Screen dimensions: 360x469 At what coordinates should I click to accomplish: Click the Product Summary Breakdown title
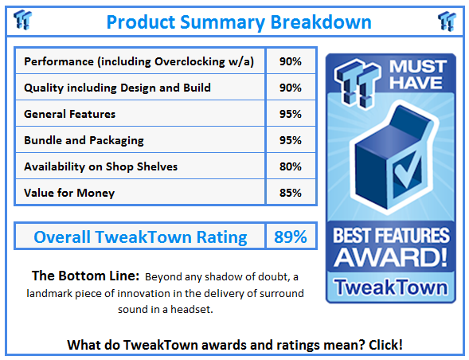pyautogui.click(x=238, y=22)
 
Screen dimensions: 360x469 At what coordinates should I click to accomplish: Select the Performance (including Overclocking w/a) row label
pyautogui.click(x=139, y=61)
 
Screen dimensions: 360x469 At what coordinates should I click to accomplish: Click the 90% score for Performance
pyautogui.click(x=290, y=61)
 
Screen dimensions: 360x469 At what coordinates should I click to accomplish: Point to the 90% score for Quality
pyautogui.click(x=290, y=88)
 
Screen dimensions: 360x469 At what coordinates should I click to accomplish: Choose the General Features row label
pyautogui.click(x=70, y=114)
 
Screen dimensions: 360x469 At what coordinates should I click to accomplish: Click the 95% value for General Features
pyautogui.click(x=290, y=114)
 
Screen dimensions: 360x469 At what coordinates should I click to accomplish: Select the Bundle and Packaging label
pyautogui.click(x=84, y=140)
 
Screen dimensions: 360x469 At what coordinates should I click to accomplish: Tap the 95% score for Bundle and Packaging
pyautogui.click(x=290, y=140)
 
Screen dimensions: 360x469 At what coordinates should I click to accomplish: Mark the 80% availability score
pyautogui.click(x=290, y=166)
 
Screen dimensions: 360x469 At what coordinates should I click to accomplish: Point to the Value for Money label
pyautogui.click(x=69, y=193)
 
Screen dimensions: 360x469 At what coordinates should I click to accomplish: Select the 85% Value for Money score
pyautogui.click(x=290, y=193)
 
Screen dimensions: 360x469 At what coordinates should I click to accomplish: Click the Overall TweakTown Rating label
pyautogui.click(x=140, y=237)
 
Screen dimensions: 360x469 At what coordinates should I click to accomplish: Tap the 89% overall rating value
pyautogui.click(x=290, y=237)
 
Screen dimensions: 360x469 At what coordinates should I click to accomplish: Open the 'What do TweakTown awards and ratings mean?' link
pyautogui.click(x=235, y=344)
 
